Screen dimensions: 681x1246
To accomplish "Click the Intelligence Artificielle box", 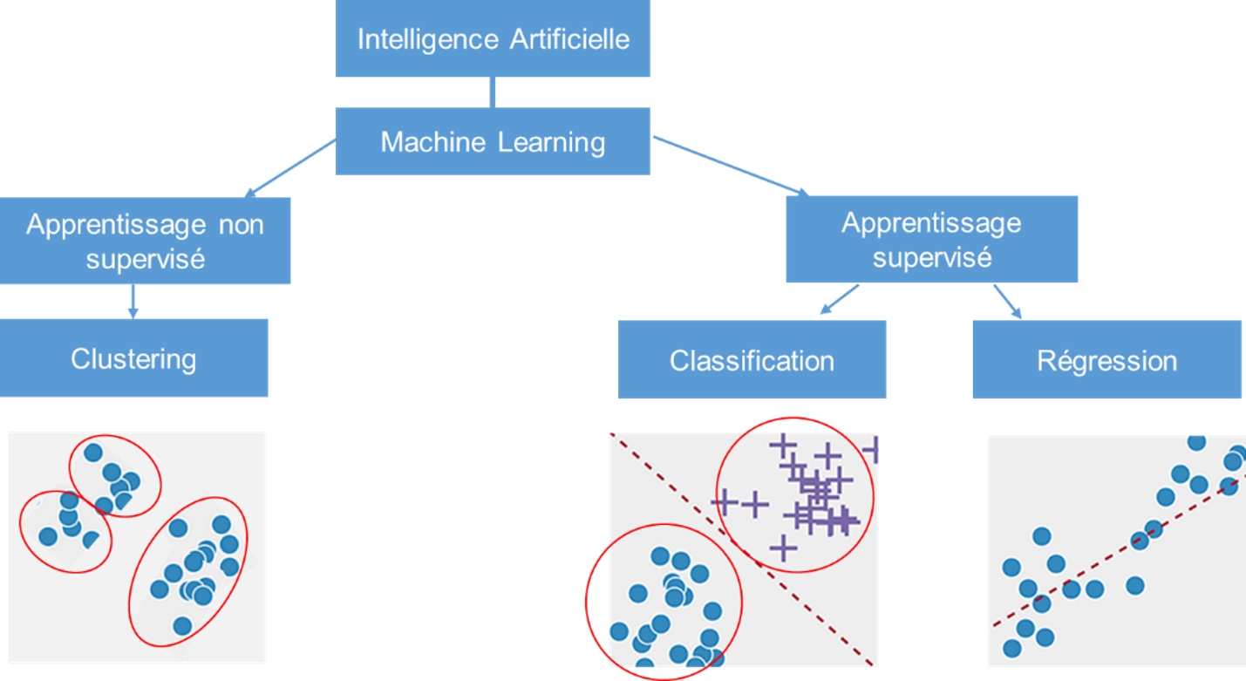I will coord(493,39).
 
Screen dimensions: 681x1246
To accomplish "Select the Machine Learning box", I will coord(493,141).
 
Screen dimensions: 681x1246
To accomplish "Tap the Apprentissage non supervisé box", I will coord(145,241).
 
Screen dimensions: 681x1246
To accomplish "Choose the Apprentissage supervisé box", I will coord(931,240).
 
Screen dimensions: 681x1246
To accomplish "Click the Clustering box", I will coord(133,358).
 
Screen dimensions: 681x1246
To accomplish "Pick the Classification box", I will coord(752,360).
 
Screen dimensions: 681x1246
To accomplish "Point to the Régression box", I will coord(1106,360).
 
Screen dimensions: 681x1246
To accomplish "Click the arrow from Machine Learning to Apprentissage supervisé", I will coord(731,165).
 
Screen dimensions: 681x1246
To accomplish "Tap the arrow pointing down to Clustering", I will coord(133,301).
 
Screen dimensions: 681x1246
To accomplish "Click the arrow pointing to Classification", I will coord(838,299).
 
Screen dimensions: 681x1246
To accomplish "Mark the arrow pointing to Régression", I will coord(1007,302).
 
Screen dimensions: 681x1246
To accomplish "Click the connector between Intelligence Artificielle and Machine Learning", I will coord(493,92).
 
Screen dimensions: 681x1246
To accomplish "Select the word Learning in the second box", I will coord(549,141).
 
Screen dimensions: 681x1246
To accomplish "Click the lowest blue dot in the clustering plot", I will coord(182,625).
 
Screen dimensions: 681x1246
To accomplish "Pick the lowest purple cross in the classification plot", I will coord(784,548).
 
